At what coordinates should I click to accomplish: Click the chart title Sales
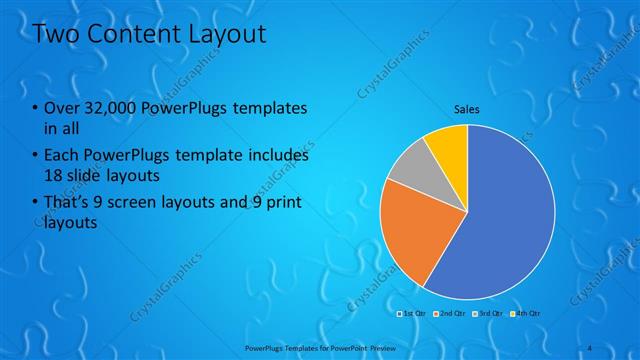[467, 108]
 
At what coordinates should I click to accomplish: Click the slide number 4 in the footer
[591, 347]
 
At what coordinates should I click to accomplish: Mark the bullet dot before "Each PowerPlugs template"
[35, 157]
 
